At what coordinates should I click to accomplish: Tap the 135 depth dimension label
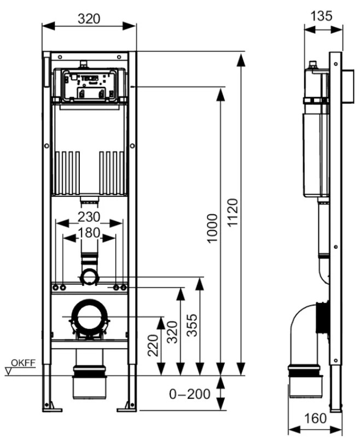coord(321,16)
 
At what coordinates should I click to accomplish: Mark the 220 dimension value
coord(153,345)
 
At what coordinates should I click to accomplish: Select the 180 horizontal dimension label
coord(89,232)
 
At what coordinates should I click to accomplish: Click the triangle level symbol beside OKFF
coord(8,372)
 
